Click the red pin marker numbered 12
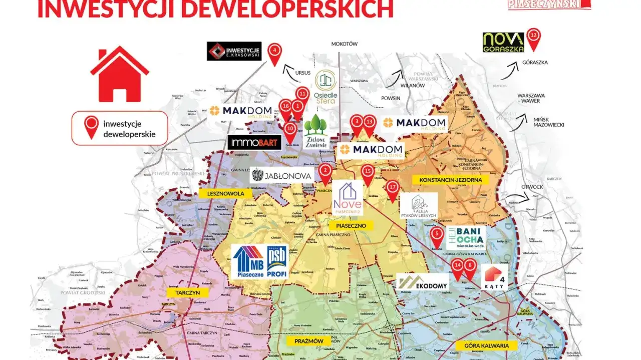(534, 37)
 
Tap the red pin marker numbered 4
(274, 52)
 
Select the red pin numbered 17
(392, 188)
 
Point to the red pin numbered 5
(437, 234)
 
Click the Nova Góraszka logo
(503, 43)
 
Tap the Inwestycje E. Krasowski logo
(234, 51)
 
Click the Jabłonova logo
(282, 175)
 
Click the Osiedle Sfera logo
(326, 88)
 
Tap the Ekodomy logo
(422, 282)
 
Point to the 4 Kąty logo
(494, 277)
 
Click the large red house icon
(120, 74)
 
